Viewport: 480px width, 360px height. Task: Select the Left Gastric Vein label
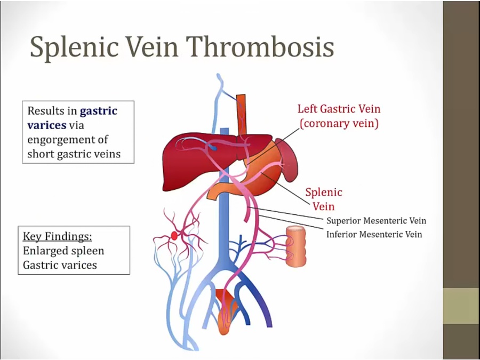click(x=339, y=109)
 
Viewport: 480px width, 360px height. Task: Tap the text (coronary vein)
click(x=339, y=124)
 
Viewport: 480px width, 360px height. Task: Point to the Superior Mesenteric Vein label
click(x=376, y=221)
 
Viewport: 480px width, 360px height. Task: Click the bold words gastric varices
click(x=72, y=118)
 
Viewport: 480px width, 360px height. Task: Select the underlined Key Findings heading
click(x=54, y=236)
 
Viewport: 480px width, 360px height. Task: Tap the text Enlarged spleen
click(x=63, y=250)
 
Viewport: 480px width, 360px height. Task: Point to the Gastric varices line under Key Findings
click(x=60, y=265)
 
